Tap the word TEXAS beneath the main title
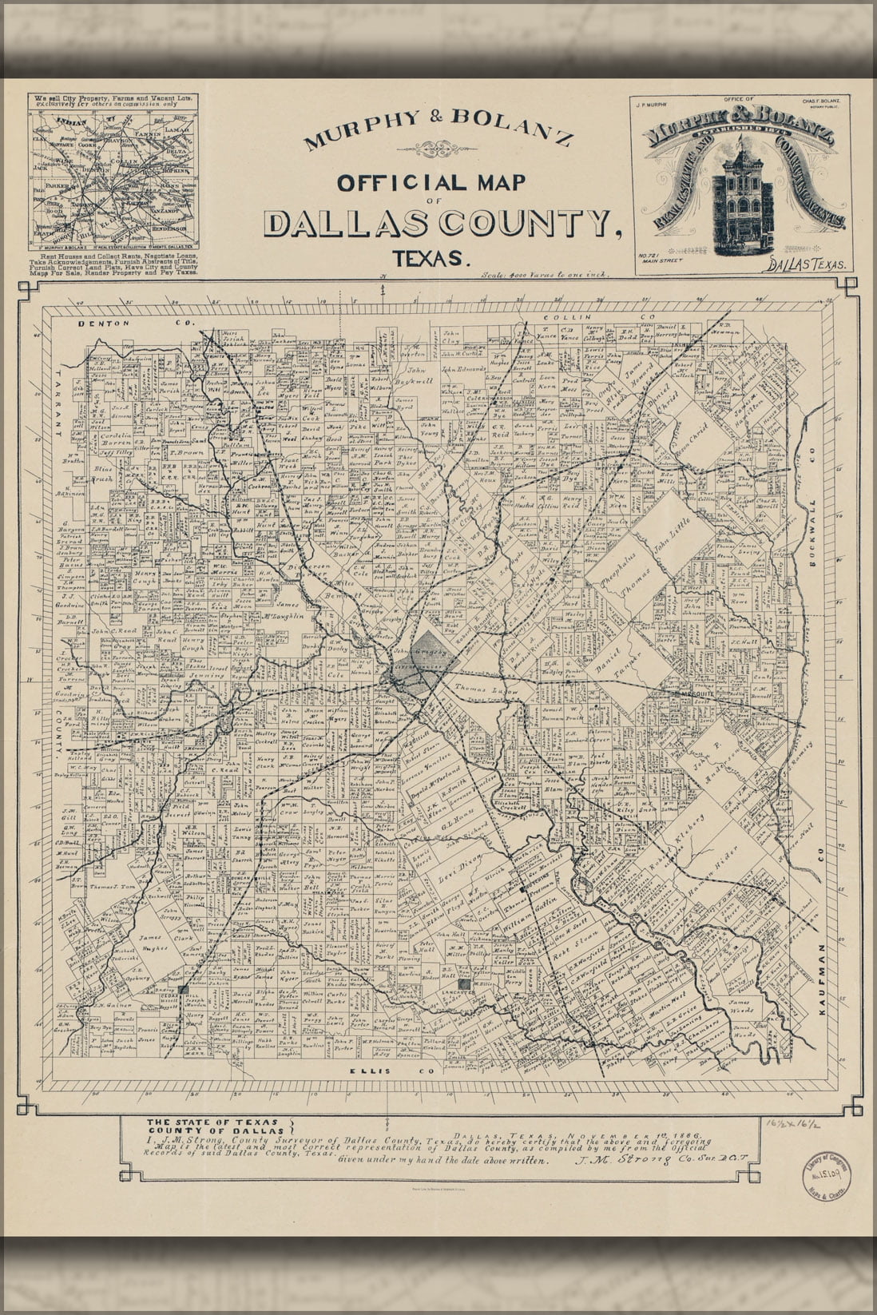click(x=430, y=258)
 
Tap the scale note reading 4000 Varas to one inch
click(x=546, y=275)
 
